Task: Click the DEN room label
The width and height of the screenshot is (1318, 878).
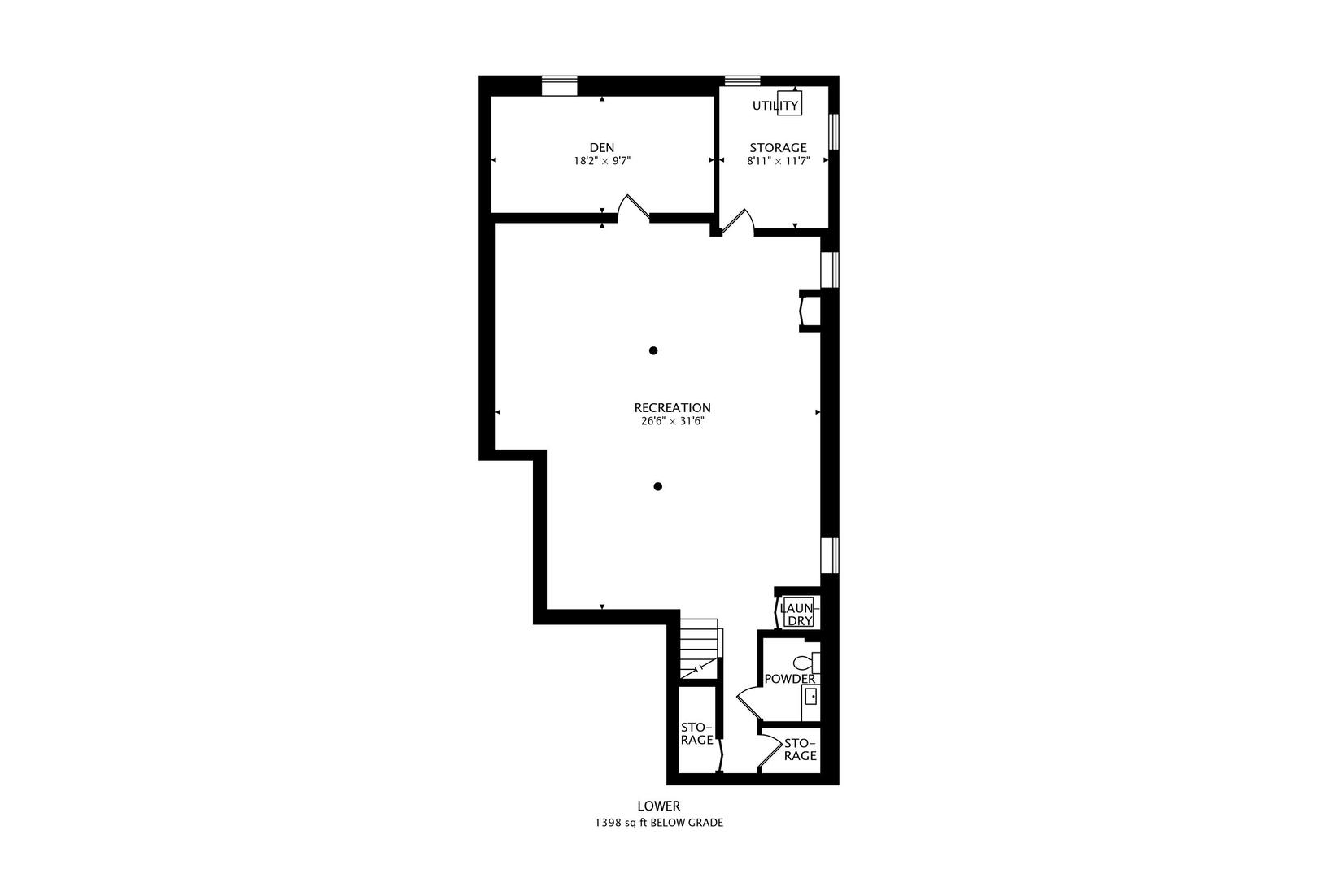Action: pyautogui.click(x=602, y=147)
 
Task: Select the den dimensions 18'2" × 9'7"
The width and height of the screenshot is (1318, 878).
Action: pyautogui.click(x=602, y=161)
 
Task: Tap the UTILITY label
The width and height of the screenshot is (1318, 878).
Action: pyautogui.click(x=775, y=106)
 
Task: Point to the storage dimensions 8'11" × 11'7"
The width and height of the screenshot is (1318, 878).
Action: pyautogui.click(x=778, y=161)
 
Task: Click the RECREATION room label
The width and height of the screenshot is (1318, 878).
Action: pyautogui.click(x=672, y=407)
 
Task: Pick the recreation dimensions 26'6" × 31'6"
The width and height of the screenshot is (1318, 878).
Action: pyautogui.click(x=672, y=421)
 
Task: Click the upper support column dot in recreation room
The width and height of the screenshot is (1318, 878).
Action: pyautogui.click(x=652, y=350)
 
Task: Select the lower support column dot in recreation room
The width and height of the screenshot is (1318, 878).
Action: pyautogui.click(x=657, y=486)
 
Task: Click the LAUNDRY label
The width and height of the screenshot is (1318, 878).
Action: pyautogui.click(x=796, y=614)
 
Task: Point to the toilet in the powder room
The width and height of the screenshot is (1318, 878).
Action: pyautogui.click(x=805, y=663)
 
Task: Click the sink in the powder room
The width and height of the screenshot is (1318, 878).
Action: pyautogui.click(x=810, y=697)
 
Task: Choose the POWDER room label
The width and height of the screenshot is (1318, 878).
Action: pyautogui.click(x=789, y=679)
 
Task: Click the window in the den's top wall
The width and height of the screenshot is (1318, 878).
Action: pyautogui.click(x=559, y=85)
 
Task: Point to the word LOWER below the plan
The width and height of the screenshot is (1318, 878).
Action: pyautogui.click(x=658, y=806)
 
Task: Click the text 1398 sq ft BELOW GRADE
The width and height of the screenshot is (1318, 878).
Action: pyautogui.click(x=658, y=823)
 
